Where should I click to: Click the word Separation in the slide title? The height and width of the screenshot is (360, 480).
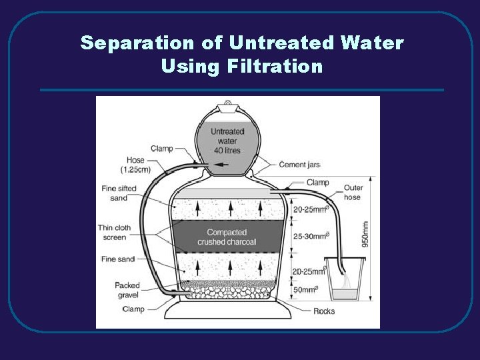136,43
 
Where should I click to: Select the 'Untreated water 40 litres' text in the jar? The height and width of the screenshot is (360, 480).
227,140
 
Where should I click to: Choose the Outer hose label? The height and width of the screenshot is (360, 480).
352,193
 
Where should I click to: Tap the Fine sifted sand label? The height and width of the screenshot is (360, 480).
119,193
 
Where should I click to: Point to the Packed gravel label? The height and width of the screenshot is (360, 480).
127,290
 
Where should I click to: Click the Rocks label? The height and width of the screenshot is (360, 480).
325,311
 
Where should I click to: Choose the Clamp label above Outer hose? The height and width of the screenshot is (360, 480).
318,182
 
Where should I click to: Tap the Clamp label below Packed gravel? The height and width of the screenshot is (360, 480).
133,309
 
